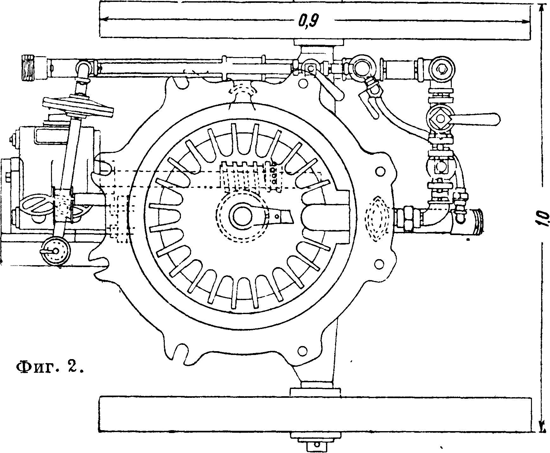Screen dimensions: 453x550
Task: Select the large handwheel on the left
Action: (78, 107)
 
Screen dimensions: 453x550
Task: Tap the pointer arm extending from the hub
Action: (279, 215)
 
